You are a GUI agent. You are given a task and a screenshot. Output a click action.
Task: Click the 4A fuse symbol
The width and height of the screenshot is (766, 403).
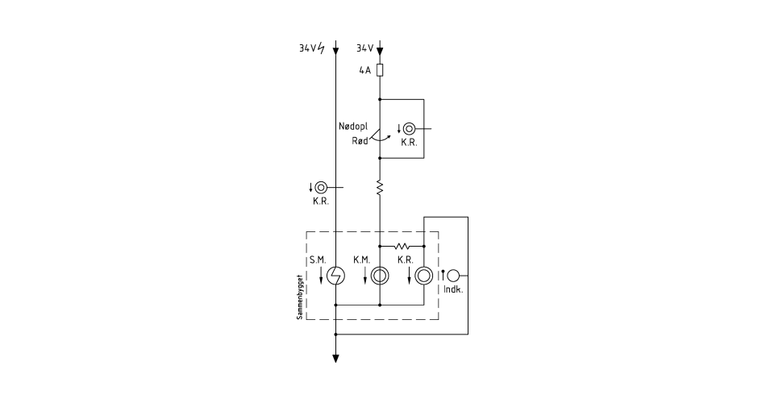pos(380,70)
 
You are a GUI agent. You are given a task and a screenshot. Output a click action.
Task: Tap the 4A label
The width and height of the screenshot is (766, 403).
pos(365,70)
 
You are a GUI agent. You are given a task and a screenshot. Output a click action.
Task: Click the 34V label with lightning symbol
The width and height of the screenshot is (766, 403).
pos(312,48)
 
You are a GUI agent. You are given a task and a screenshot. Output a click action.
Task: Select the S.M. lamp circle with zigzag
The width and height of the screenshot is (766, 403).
pos(335,276)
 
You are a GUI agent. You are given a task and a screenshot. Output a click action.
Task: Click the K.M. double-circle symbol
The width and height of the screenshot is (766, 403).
pos(380,276)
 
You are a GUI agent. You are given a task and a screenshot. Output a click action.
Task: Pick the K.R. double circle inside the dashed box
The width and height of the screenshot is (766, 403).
pos(424,276)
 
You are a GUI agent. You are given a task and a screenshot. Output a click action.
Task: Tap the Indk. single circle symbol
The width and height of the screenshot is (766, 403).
pos(453,276)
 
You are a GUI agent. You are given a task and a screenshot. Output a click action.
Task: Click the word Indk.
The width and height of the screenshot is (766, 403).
pos(453,289)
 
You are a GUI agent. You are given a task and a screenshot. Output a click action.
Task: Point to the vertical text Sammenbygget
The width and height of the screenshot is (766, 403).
pos(299,297)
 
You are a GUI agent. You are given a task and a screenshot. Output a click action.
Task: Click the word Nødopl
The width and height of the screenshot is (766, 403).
pos(353,127)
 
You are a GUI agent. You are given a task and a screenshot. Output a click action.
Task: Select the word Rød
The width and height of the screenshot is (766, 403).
pos(360,141)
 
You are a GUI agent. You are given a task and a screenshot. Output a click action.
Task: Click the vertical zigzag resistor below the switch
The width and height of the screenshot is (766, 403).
pos(380,188)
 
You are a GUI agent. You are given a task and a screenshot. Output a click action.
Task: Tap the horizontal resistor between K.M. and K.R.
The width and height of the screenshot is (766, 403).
pos(402,246)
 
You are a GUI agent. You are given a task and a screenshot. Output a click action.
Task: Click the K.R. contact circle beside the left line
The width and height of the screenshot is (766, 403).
pos(321,187)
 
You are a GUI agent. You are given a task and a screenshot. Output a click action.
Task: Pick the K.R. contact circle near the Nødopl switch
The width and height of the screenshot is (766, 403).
pos(410,129)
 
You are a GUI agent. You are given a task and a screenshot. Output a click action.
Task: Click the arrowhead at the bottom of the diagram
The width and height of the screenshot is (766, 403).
pos(335,359)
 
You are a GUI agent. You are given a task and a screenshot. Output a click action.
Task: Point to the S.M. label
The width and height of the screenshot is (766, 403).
pos(318,260)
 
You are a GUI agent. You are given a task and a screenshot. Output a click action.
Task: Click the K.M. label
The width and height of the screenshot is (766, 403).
pos(361,260)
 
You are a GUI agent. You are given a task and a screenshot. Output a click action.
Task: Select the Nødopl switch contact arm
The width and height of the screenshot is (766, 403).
pos(375,135)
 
